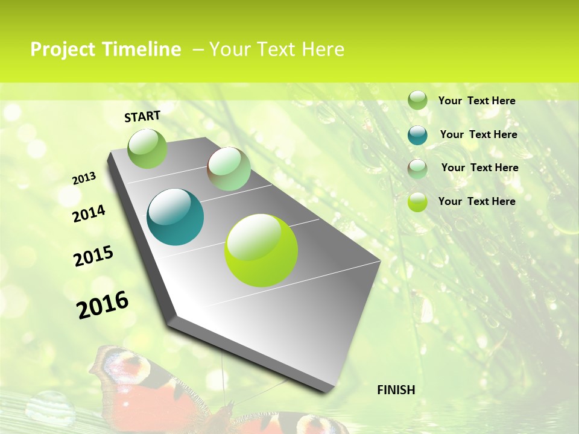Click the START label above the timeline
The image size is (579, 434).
click(x=142, y=116)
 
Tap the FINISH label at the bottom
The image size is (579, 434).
click(x=396, y=390)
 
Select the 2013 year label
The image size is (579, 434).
click(x=84, y=178)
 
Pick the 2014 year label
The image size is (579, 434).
click(x=89, y=213)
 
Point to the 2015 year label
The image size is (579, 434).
click(x=93, y=256)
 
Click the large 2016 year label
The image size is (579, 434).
click(x=103, y=304)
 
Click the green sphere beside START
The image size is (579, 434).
click(x=147, y=148)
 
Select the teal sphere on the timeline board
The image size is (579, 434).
click(x=176, y=217)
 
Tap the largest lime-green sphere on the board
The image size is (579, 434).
click(x=261, y=250)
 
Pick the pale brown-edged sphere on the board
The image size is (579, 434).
click(x=229, y=169)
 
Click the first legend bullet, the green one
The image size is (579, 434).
click(x=417, y=101)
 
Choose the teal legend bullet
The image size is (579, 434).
click(x=417, y=135)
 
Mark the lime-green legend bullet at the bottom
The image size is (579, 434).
click(x=417, y=202)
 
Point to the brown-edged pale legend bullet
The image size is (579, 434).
click(x=417, y=169)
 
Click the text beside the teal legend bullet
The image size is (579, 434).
click(x=478, y=134)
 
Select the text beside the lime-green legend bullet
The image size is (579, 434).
click(x=476, y=201)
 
